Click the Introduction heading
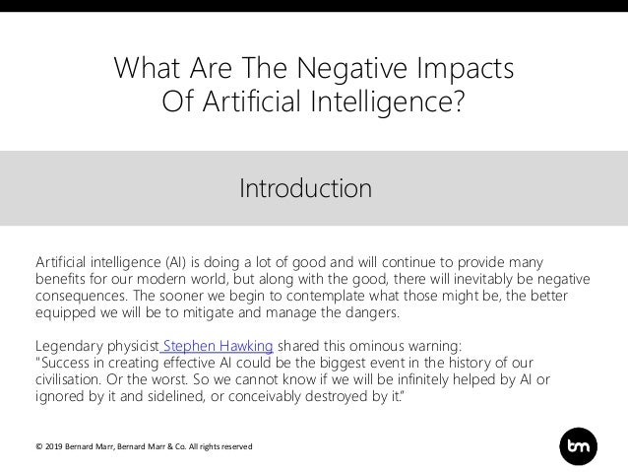306,186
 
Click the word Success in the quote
67,364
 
